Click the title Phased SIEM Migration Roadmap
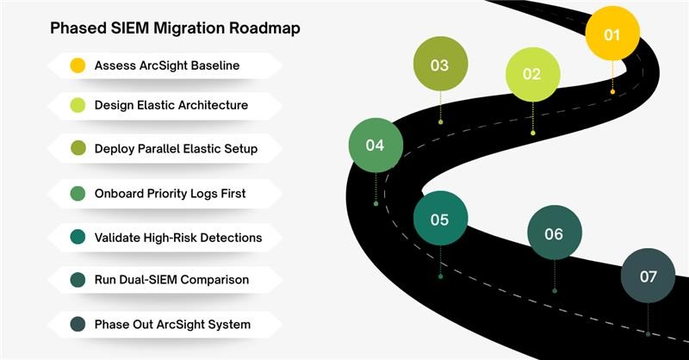(175, 28)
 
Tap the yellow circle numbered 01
(612, 34)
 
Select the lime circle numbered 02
(532, 74)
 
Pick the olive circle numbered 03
(440, 65)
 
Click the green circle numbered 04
(376, 145)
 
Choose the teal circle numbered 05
(440, 220)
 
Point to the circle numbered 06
(554, 233)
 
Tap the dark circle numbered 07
(648, 276)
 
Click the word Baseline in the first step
(214, 65)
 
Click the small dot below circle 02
(533, 133)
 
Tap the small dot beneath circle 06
(554, 291)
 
